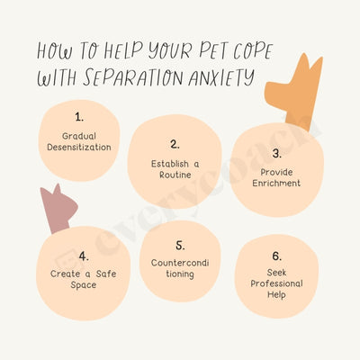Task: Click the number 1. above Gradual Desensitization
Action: (x=79, y=117)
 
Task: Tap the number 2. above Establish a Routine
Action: (x=175, y=144)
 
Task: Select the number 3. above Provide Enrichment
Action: (x=277, y=153)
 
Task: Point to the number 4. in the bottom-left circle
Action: (x=84, y=256)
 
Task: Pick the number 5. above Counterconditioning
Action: (x=180, y=246)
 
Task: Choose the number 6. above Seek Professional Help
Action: (x=277, y=256)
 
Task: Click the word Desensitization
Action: (x=79, y=148)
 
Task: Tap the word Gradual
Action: (x=79, y=136)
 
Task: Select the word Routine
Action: (x=175, y=175)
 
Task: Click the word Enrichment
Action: (x=276, y=183)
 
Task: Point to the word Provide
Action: (x=276, y=172)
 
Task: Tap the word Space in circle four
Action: (x=84, y=285)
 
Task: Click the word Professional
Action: (x=276, y=283)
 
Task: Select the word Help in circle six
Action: (x=276, y=294)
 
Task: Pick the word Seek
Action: (x=276, y=273)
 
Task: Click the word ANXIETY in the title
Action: (x=221, y=77)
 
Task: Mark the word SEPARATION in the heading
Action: (x=132, y=77)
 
